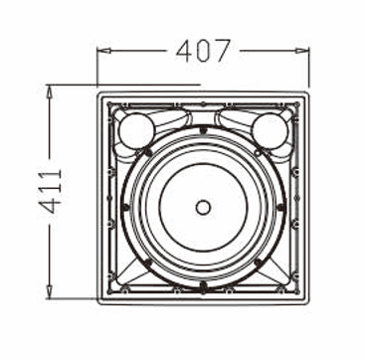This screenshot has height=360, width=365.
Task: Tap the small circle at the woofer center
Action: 203,208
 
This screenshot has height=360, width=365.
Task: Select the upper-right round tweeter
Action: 270,130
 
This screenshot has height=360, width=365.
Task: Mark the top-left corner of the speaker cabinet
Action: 97,89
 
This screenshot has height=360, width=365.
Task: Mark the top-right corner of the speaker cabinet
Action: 309,89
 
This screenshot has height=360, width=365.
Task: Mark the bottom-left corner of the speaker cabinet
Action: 97,299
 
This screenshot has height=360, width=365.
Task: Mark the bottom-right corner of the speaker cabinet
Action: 309,299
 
